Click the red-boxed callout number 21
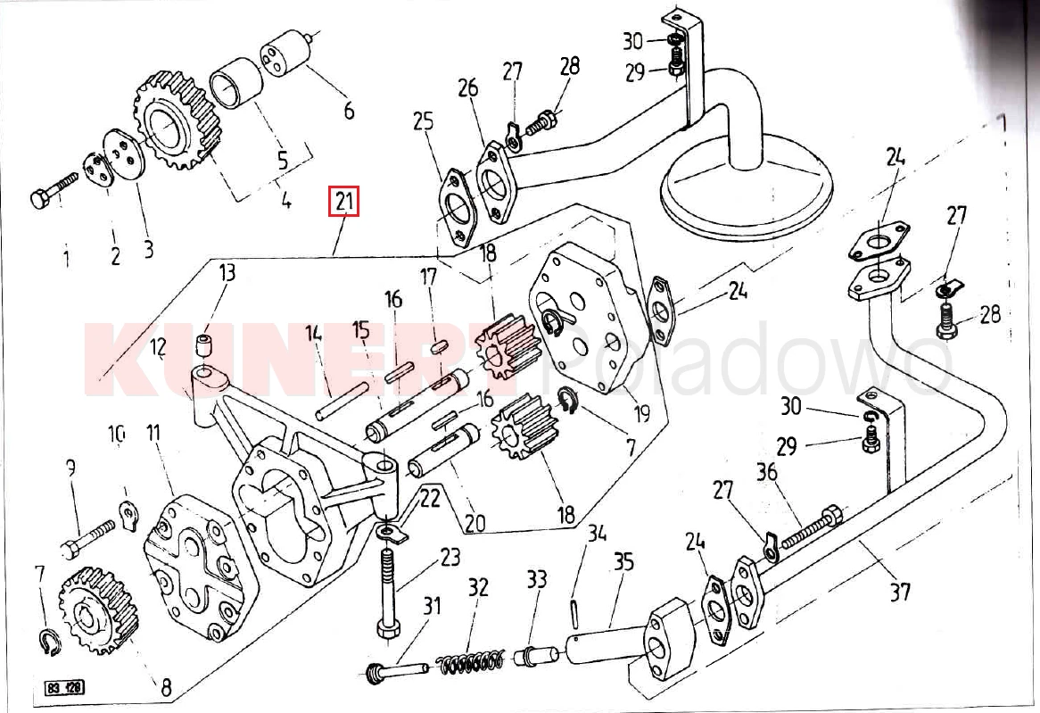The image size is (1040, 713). (x=345, y=203)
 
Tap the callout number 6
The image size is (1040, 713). (x=349, y=111)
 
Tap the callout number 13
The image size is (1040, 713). (x=227, y=273)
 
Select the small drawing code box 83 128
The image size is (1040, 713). (x=64, y=689)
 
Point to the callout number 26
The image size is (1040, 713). (x=468, y=88)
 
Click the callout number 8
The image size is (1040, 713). (x=166, y=688)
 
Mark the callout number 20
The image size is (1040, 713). (x=475, y=521)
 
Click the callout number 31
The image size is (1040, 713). (x=432, y=607)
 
